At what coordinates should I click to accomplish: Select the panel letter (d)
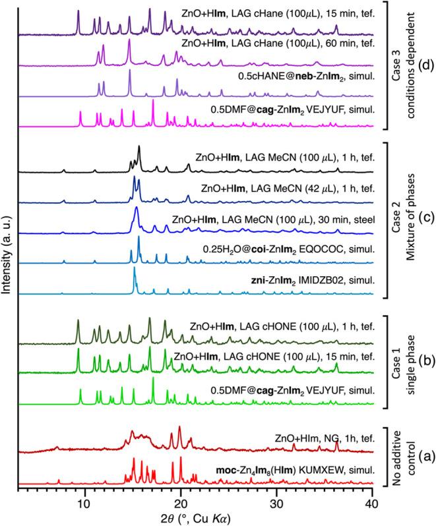pos(422,65)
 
